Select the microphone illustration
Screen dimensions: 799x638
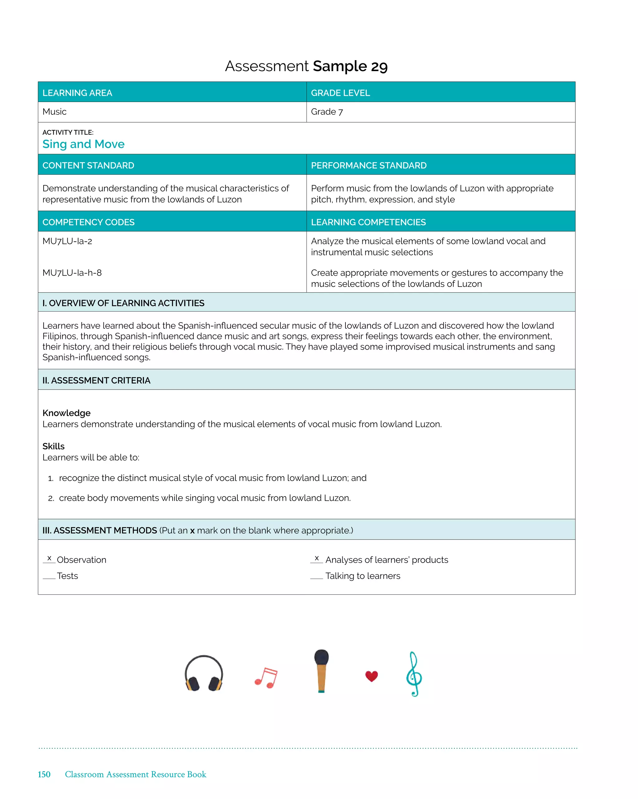tap(321, 671)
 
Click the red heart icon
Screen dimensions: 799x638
tap(371, 676)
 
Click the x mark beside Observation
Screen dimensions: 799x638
tap(49, 558)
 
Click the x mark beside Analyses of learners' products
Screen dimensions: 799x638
tap(317, 558)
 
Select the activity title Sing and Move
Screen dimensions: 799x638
tap(83, 144)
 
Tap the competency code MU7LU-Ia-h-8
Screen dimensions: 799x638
tap(72, 273)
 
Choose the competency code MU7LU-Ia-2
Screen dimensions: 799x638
tap(67, 241)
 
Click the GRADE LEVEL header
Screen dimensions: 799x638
tap(340, 93)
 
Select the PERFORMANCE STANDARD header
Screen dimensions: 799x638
tap(369, 165)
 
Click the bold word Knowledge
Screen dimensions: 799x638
tap(66, 413)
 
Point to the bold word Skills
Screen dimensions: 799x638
tap(53, 446)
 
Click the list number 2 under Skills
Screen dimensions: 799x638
tap(51, 498)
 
